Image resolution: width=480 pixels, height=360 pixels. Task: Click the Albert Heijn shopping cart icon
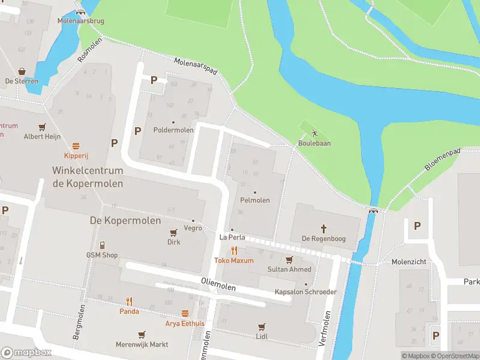tap(42, 127)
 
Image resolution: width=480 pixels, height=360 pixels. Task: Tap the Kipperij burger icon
tap(76, 146)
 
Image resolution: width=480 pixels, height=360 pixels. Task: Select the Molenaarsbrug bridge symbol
tap(81, 12)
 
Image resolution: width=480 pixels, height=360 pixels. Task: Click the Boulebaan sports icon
tap(314, 134)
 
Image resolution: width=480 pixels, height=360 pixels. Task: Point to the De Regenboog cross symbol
tap(323, 229)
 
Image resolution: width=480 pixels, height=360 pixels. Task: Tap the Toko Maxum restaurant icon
tap(234, 251)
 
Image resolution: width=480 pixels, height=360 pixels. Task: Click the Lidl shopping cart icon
tap(261, 327)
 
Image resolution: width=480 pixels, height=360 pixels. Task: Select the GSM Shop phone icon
tap(102, 245)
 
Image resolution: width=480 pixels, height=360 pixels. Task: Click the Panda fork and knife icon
tap(129, 302)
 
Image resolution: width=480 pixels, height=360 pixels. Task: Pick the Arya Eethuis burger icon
tap(185, 314)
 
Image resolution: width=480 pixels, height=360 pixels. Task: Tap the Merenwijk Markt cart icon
tap(142, 335)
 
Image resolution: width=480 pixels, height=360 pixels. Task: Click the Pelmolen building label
tap(254, 200)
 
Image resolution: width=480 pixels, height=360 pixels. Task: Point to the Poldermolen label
tap(173, 130)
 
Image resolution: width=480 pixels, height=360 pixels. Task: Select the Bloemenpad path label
tap(443, 160)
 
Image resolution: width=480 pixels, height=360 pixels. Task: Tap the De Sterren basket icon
tap(22, 71)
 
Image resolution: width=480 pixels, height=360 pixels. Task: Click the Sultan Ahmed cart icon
tap(289, 260)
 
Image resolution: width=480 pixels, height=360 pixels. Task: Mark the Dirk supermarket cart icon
tap(173, 233)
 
